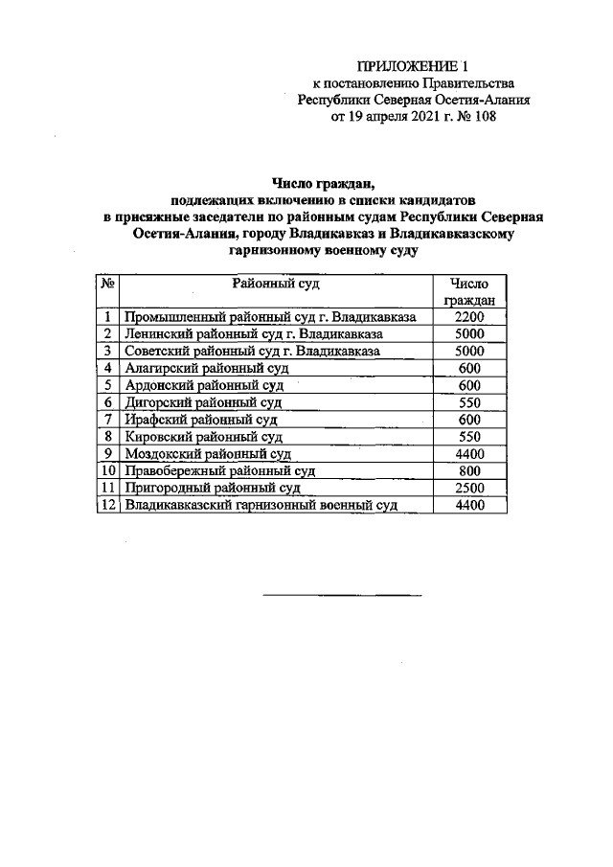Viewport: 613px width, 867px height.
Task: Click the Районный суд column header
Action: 275,284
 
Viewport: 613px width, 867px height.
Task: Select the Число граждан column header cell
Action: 468,291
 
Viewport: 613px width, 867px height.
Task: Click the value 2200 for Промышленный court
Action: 468,317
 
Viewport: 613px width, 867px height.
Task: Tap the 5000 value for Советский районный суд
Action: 468,352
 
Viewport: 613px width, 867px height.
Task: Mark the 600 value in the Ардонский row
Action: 468,385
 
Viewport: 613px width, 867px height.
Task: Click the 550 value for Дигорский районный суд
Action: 468,402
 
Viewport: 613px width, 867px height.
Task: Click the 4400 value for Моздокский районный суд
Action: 468,454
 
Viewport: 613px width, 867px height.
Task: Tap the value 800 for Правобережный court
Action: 468,471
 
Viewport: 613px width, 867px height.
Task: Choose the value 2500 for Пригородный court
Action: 468,489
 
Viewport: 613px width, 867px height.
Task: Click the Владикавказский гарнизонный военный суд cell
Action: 261,506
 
